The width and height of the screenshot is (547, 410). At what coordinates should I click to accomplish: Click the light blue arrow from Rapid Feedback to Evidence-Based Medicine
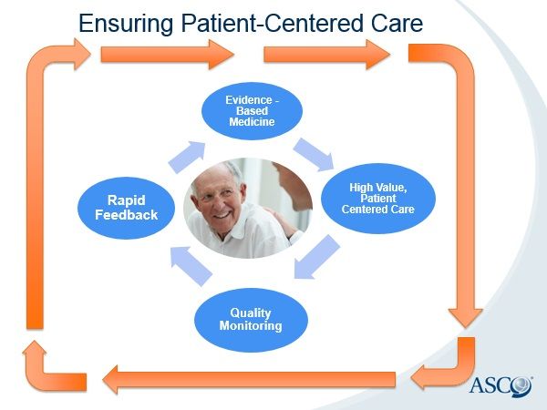(x=187, y=156)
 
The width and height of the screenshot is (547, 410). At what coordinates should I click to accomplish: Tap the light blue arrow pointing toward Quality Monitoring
(x=316, y=258)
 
